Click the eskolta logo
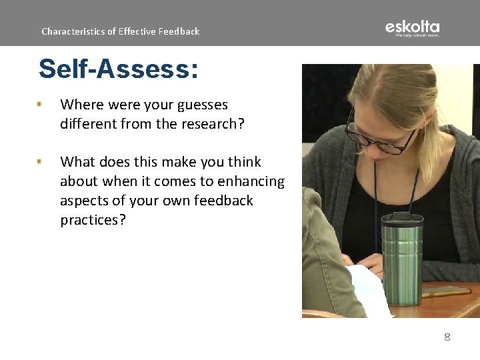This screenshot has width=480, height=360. [x=412, y=28]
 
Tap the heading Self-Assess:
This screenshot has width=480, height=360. [x=118, y=69]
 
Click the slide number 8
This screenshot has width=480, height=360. [x=447, y=337]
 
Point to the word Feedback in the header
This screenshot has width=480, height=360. [x=179, y=31]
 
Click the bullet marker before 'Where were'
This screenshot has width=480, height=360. [x=40, y=104]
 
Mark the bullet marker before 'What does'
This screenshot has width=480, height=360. [x=40, y=161]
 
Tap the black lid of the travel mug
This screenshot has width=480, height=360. [x=401, y=219]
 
